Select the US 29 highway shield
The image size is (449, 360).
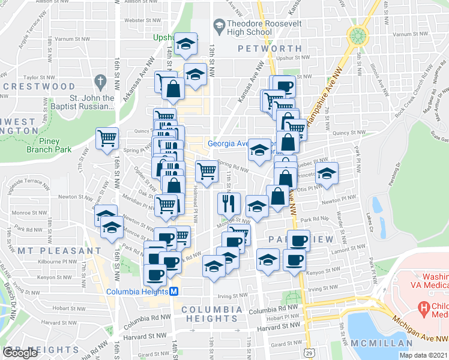point(307,349)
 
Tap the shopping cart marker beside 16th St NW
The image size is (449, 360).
point(107,138)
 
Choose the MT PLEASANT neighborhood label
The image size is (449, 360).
point(59,250)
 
